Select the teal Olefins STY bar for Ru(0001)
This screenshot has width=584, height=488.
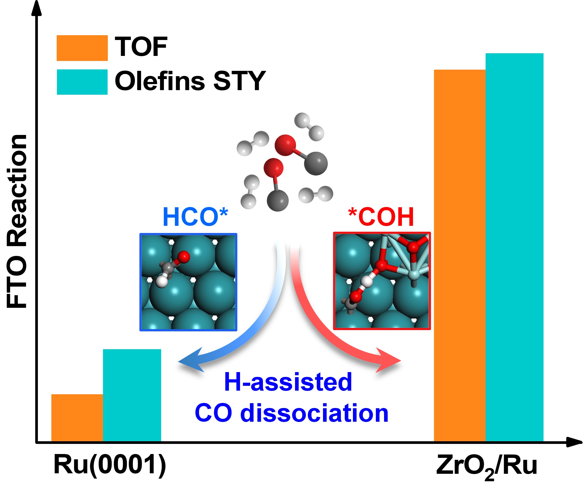point(132,395)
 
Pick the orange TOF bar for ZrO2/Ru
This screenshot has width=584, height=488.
point(460,255)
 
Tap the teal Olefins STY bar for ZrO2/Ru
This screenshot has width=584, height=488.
point(515,247)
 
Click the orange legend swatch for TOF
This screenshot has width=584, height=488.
point(82,48)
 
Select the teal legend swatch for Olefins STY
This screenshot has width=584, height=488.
point(82,82)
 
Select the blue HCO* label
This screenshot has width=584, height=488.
point(195,217)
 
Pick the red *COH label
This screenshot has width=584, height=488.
point(381,217)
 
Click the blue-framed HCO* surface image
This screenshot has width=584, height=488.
point(188,282)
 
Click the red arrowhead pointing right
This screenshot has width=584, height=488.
point(388,360)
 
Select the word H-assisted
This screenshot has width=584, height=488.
point(288,382)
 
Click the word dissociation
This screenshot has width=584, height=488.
point(315,414)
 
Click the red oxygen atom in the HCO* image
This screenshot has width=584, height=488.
point(184,257)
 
